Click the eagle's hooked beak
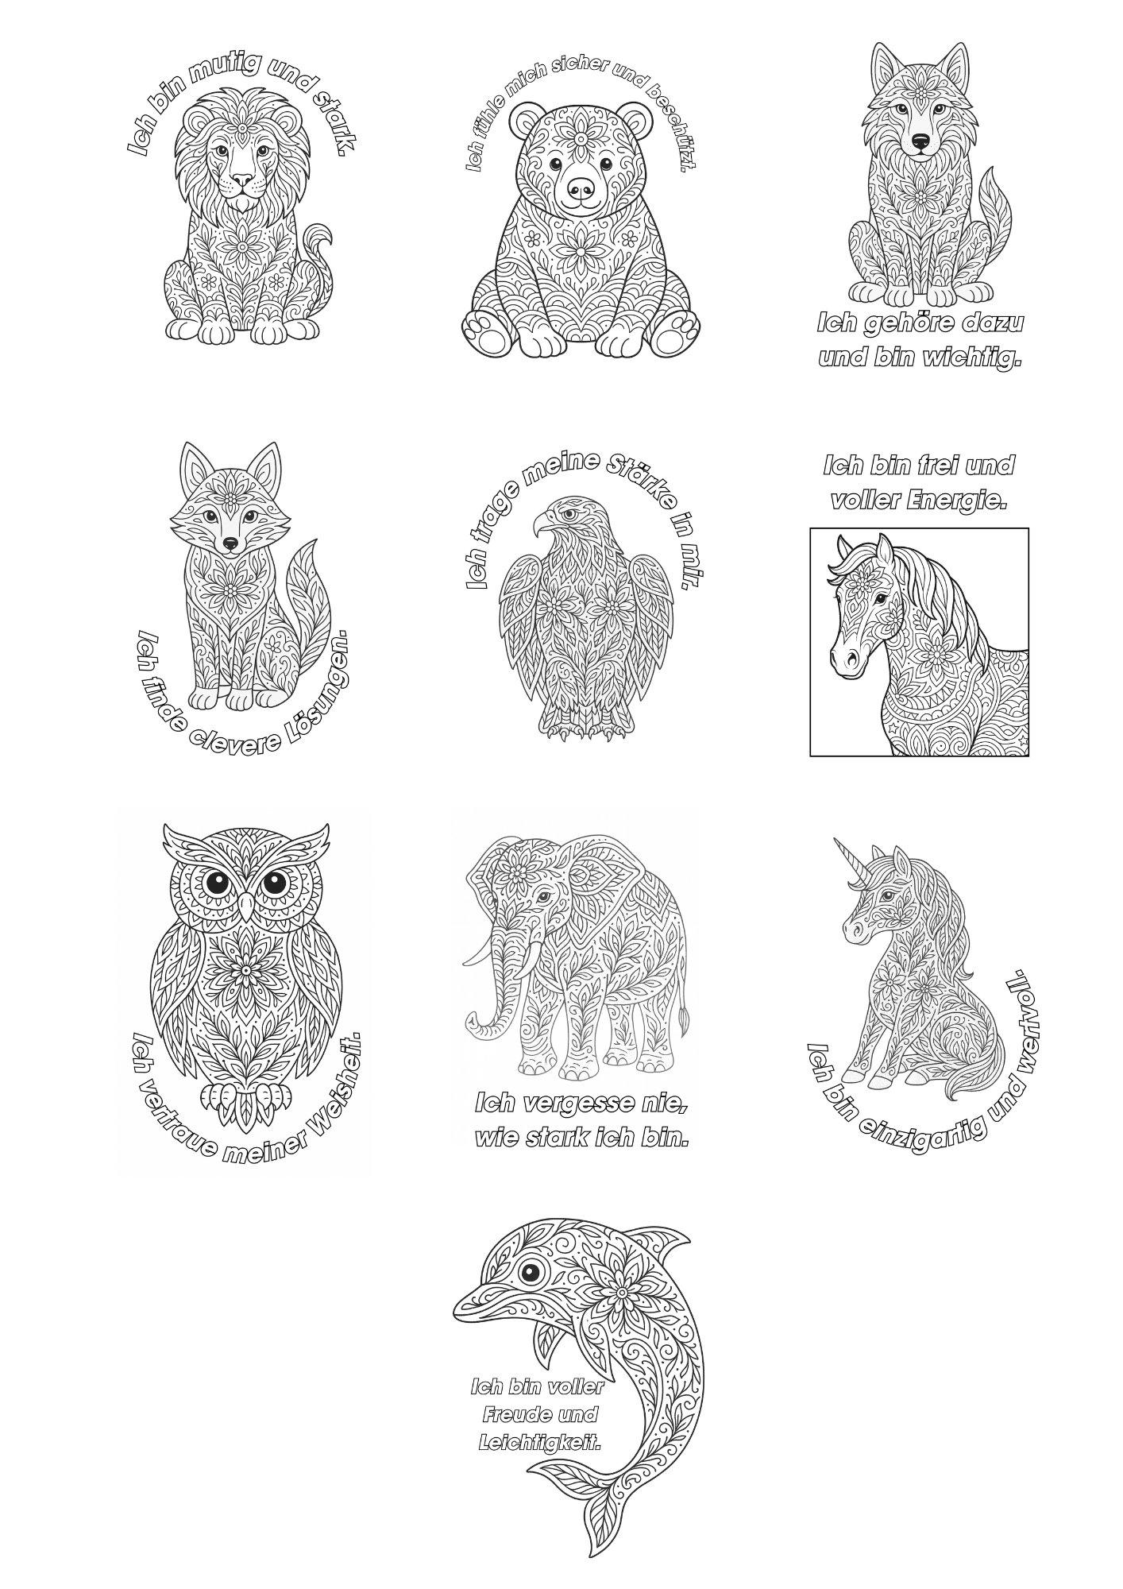pos(543,524)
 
